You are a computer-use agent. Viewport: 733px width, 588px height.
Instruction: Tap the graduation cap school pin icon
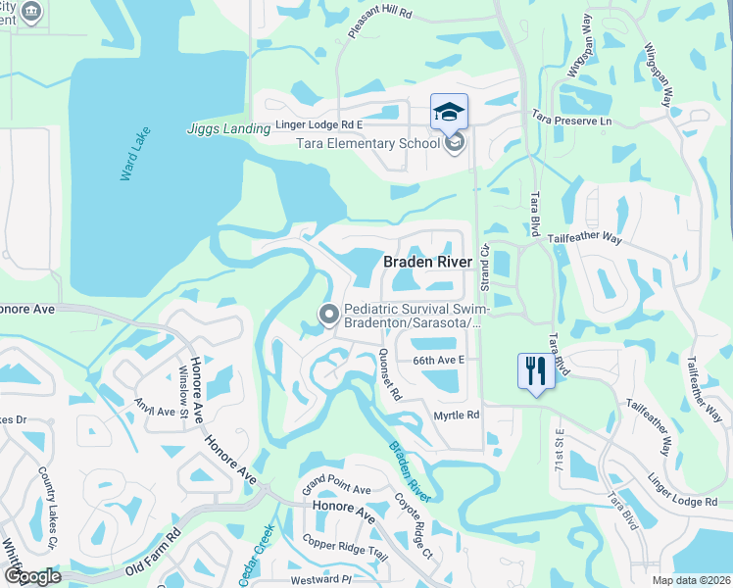(449, 112)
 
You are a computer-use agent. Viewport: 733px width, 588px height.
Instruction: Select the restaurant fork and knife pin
(535, 371)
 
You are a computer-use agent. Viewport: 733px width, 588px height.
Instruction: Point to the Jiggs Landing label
(228, 128)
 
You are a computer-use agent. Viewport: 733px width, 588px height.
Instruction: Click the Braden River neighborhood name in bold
(434, 262)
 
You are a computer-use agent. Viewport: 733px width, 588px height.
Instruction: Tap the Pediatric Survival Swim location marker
(329, 315)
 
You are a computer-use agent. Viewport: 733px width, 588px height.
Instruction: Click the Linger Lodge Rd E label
(318, 125)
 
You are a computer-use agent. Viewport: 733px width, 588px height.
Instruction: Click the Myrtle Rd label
(456, 416)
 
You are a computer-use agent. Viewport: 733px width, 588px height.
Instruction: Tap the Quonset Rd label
(391, 376)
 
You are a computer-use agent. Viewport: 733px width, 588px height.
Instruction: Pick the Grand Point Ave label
(335, 487)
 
